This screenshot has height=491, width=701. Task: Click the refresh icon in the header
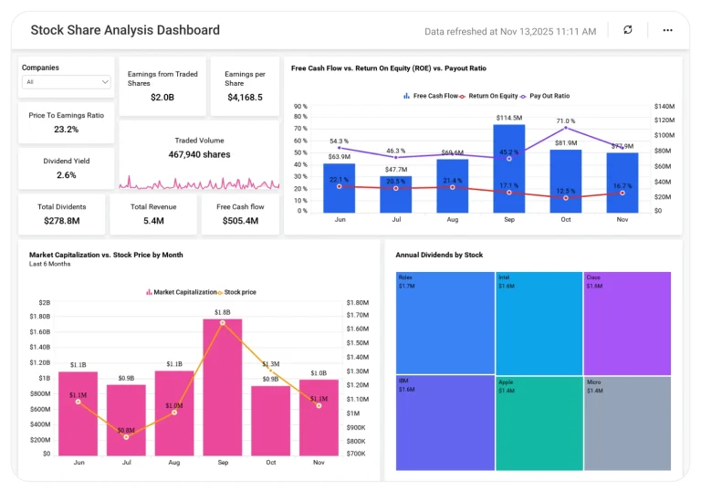627,30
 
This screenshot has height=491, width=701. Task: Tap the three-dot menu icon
667,30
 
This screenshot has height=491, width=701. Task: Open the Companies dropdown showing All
67,82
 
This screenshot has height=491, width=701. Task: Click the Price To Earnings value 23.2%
66,130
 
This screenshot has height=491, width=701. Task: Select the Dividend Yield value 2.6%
66,174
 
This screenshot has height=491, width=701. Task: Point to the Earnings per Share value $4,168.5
245,97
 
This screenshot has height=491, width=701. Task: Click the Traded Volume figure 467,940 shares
199,155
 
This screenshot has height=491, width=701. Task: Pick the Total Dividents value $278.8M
62,220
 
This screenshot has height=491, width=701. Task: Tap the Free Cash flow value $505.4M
240,220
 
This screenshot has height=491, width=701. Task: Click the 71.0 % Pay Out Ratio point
566,130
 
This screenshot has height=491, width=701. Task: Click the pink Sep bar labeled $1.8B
222,388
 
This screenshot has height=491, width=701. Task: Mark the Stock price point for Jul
126,437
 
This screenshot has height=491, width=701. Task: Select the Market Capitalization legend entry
181,292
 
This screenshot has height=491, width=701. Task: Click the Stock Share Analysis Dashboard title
125,30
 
